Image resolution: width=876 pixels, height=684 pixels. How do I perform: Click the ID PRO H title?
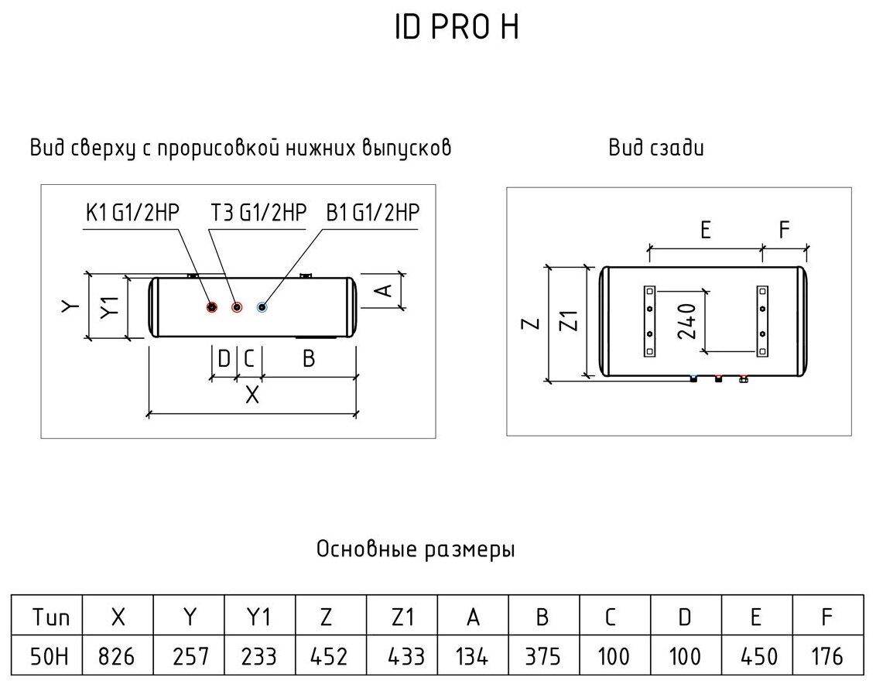point(454,28)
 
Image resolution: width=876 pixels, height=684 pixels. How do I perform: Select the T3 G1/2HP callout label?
point(258,212)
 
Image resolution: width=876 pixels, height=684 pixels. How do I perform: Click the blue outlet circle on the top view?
point(262,307)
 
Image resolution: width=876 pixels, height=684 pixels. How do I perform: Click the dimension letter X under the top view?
point(252,395)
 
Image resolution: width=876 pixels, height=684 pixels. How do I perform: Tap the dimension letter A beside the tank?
point(382,290)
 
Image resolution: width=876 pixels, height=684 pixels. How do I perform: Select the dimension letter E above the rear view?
point(705,230)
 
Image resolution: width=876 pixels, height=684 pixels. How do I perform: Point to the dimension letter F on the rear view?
point(784,230)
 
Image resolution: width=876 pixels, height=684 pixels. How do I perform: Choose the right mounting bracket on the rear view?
point(763,321)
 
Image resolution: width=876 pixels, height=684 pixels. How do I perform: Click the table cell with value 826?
point(118,657)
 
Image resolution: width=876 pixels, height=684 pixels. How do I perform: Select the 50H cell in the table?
point(46,657)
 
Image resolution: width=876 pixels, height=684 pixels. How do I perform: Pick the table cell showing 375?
point(543,657)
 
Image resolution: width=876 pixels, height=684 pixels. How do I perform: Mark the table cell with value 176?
point(827,657)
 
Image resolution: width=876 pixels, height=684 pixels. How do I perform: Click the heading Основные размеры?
point(416,550)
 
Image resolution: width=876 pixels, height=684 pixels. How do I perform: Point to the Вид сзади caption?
point(656,149)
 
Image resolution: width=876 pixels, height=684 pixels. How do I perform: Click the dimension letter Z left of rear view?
point(530,323)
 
